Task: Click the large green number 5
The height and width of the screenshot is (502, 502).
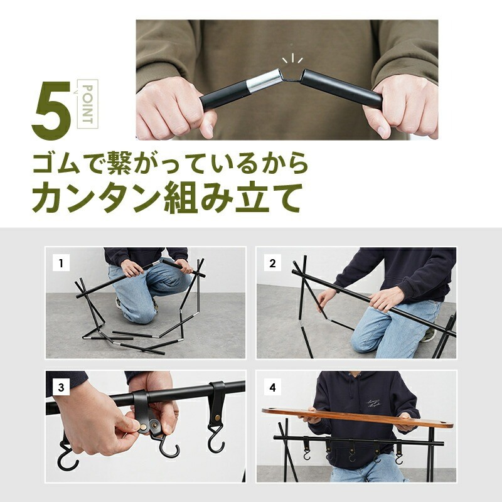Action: pyautogui.click(x=51, y=110)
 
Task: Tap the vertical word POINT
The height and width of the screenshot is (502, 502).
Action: pyautogui.click(x=87, y=104)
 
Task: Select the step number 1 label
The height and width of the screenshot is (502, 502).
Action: pyautogui.click(x=61, y=264)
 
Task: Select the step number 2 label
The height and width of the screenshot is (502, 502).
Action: pyautogui.click(x=272, y=264)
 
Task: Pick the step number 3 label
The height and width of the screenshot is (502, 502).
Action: pyautogui.click(x=61, y=388)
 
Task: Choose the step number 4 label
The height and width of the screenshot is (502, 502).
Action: pyautogui.click(x=272, y=388)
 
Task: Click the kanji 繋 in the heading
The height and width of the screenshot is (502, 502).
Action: pyautogui.click(x=119, y=163)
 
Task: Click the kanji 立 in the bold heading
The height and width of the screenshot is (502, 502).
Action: pyautogui.click(x=252, y=197)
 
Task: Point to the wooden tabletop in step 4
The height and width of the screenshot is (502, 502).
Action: pyautogui.click(x=357, y=418)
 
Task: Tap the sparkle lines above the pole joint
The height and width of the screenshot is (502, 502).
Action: pyautogui.click(x=292, y=59)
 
